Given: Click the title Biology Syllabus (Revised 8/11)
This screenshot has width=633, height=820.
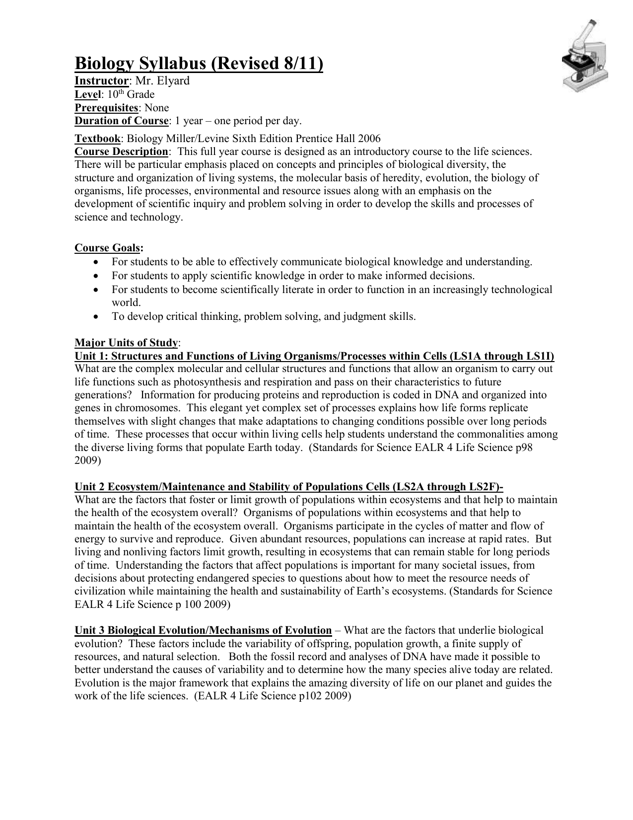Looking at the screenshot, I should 199,64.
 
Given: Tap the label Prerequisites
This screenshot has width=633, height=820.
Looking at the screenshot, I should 106,108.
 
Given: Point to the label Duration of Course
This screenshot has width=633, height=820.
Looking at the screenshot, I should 121,121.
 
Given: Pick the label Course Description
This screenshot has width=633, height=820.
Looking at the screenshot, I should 121,151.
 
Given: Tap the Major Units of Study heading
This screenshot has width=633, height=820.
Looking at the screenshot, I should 126,343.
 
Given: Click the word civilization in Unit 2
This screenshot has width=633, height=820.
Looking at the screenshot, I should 100,591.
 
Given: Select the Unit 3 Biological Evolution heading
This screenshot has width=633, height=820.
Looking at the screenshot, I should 203,630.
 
